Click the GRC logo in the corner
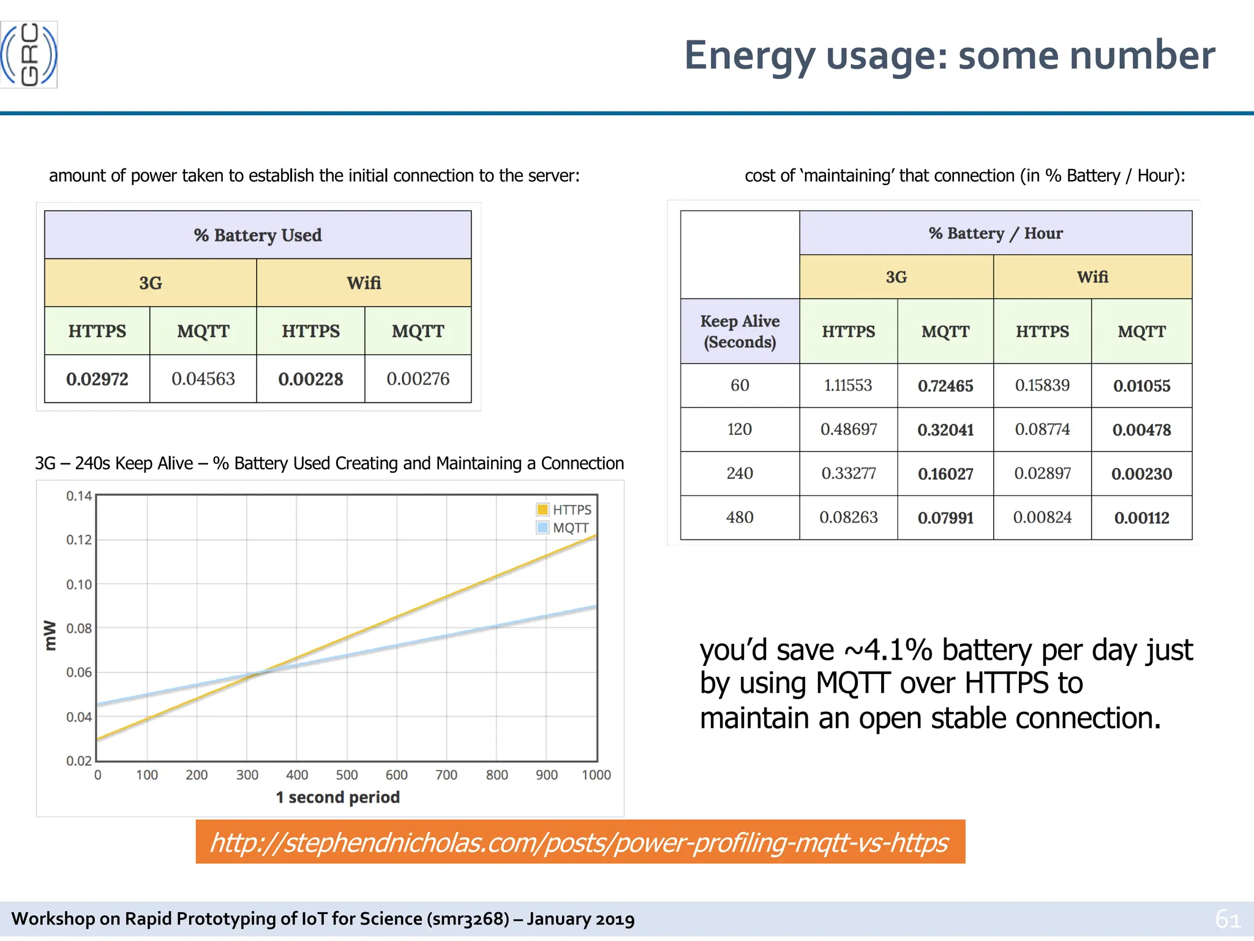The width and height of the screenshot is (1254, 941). click(29, 55)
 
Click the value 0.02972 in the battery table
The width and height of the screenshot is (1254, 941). click(97, 379)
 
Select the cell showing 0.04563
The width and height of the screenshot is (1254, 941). click(203, 379)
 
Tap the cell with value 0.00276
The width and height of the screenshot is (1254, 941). click(418, 379)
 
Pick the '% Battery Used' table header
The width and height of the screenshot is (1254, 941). click(258, 235)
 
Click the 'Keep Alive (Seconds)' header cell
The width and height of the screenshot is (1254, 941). click(740, 331)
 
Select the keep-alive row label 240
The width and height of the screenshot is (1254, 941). click(740, 474)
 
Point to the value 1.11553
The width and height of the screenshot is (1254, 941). click(848, 385)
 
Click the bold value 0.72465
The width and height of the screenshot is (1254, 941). click(945, 386)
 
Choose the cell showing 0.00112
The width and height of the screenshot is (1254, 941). click(1141, 518)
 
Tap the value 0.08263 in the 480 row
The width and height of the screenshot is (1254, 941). click(848, 518)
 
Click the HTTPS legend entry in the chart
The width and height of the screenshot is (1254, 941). click(564, 510)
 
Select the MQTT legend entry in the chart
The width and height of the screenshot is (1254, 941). click(563, 528)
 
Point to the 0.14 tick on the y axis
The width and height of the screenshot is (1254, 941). click(79, 496)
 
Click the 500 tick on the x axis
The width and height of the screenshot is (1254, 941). click(347, 775)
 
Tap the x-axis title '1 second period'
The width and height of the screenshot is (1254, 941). click(338, 797)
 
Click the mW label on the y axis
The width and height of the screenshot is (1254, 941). click(50, 635)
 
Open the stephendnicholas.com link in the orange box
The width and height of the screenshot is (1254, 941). click(579, 842)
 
